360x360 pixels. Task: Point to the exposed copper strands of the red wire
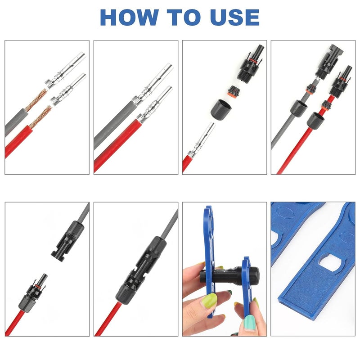(x=41, y=117)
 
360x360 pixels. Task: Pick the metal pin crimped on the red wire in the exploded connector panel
(x=202, y=140)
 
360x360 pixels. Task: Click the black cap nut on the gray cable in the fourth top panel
(x=298, y=108)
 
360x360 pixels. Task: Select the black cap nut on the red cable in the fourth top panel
(x=315, y=119)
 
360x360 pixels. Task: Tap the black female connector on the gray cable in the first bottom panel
(x=68, y=241)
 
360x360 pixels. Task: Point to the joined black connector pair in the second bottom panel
(x=141, y=270)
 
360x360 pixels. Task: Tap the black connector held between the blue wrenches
(x=229, y=274)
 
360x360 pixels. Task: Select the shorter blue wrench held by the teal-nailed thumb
(x=247, y=289)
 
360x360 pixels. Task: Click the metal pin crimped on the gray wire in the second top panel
(x=152, y=83)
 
